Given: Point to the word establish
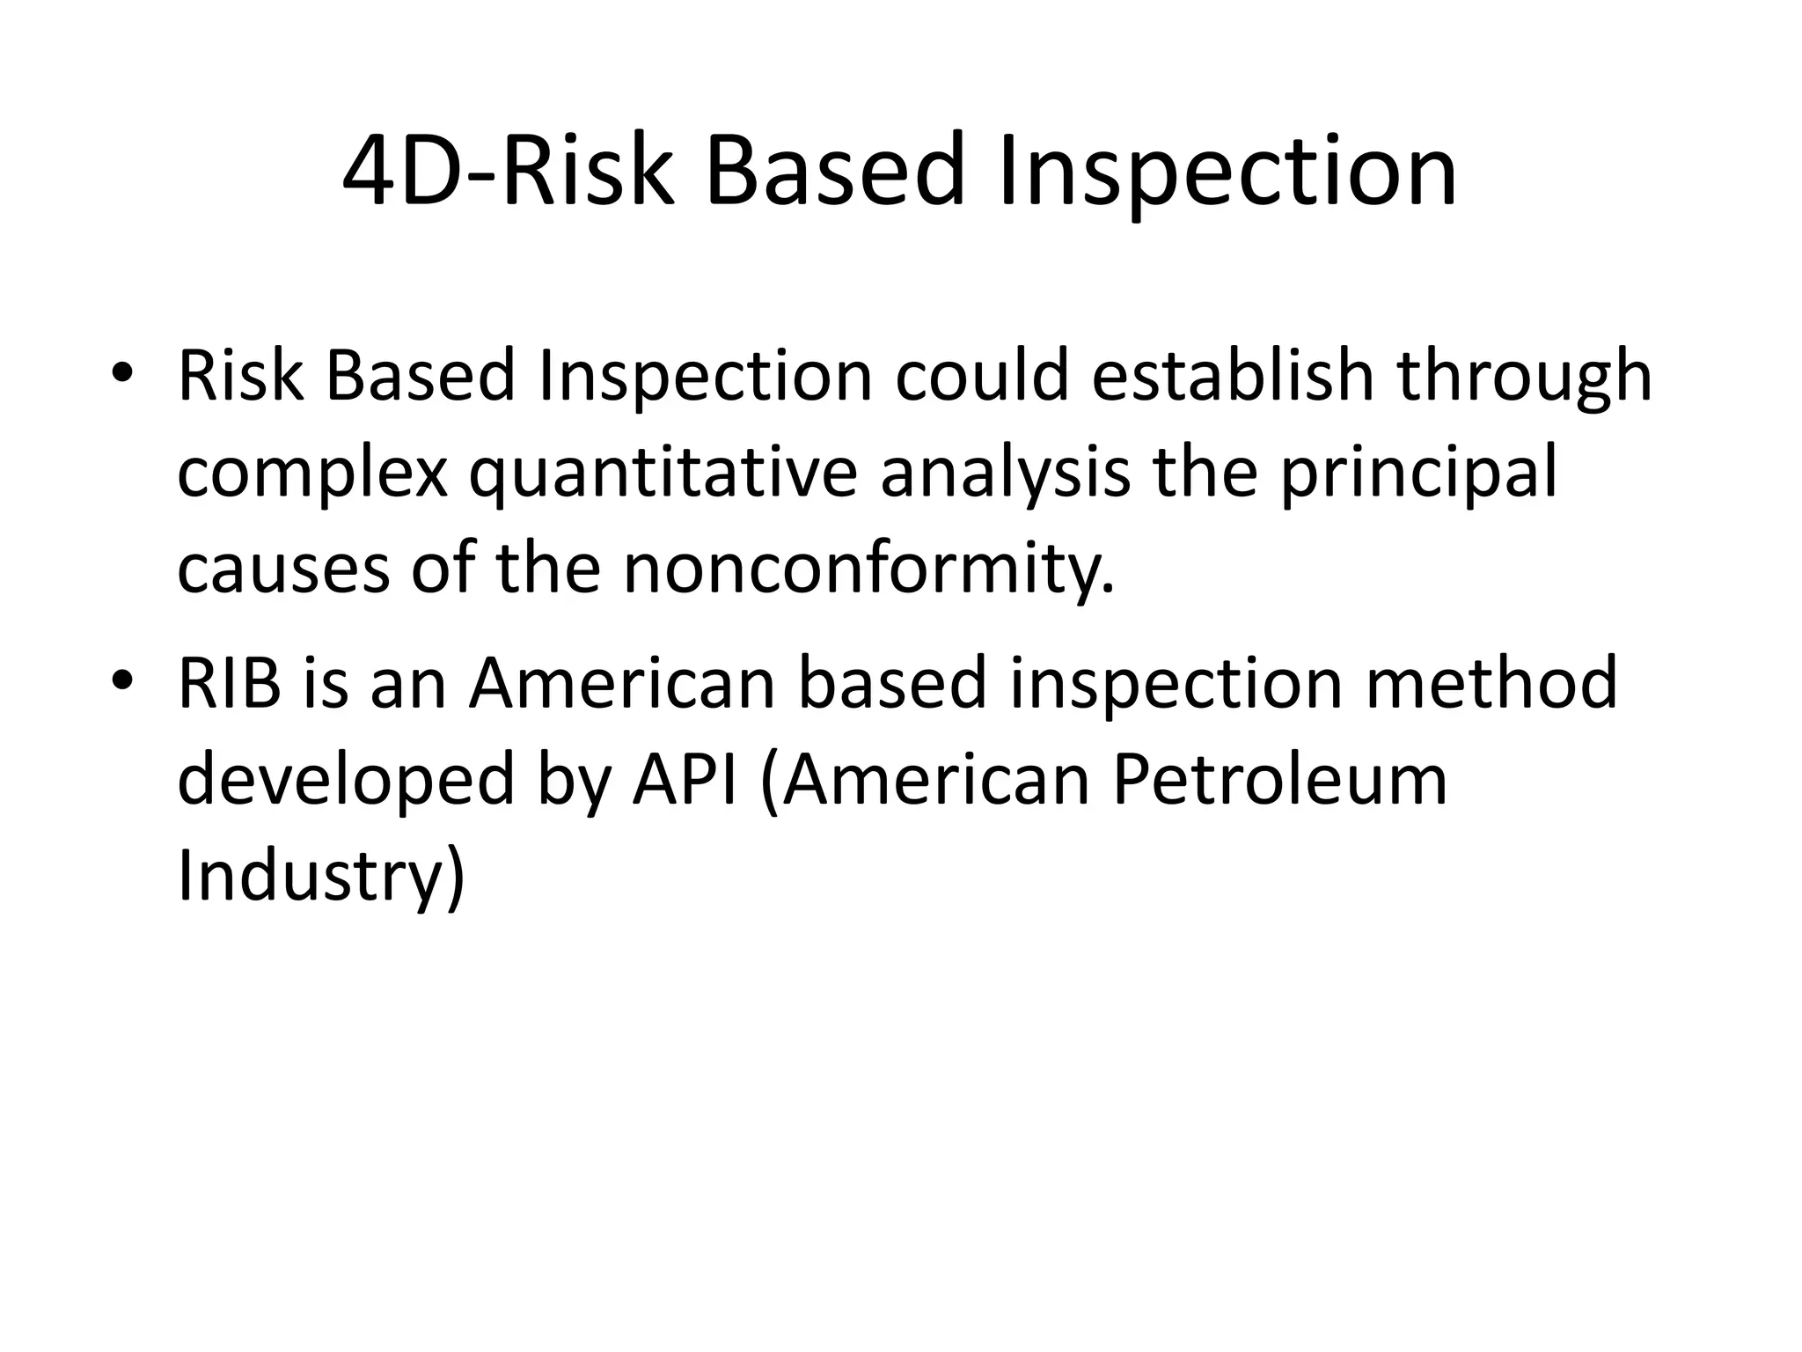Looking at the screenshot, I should coord(1233,377).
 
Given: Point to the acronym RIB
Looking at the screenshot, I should coord(230,683).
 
